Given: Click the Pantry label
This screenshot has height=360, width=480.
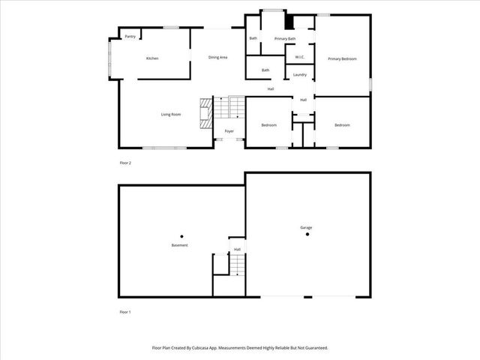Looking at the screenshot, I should pos(130,36).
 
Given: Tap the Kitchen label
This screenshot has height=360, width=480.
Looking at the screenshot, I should pos(152,58).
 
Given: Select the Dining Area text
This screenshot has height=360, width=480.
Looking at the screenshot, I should pos(217,58).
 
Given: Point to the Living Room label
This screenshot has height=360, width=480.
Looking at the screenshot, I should pos(171,115).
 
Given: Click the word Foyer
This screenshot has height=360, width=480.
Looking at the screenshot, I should pos(229,131).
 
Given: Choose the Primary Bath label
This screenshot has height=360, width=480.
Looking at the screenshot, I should pos(285,38).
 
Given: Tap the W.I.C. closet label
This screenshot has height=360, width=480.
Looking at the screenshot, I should pos(299,57).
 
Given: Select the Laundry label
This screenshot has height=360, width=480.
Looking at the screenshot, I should pos(300,74).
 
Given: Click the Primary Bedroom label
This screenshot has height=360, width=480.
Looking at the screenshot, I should pos(342,58).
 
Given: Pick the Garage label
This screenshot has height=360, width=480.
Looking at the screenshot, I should pos(307,227).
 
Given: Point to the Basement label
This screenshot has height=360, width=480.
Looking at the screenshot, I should pos(179,245).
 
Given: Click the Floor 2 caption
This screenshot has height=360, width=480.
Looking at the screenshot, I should pos(125,163).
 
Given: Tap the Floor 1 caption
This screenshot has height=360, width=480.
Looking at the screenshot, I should pos(125,311).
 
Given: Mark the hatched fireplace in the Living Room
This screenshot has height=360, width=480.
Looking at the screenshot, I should pos(205,112).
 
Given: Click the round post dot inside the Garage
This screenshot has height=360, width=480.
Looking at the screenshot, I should pos(307,235).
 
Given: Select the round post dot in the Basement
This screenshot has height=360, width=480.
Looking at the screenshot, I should pos(181,235).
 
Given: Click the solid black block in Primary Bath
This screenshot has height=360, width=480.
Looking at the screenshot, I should pos(289,22).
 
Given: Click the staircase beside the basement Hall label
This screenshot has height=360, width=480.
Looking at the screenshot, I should pos(237,265).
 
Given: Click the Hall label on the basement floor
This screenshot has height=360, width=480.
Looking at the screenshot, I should pos(237,249).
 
